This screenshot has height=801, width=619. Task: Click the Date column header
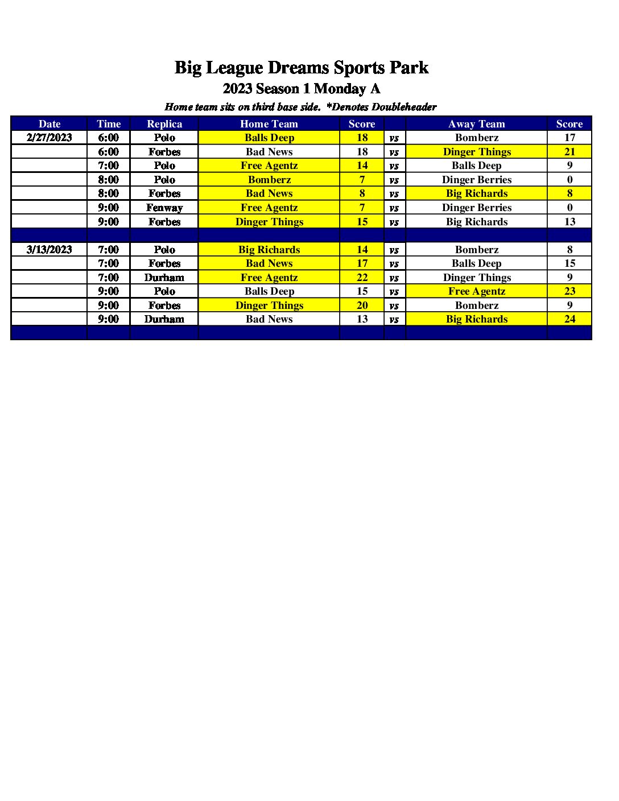[49, 124]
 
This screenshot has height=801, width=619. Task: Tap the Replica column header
[164, 124]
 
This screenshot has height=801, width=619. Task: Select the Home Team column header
[269, 124]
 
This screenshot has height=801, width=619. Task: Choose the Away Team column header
[476, 124]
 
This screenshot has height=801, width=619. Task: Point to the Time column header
[109, 124]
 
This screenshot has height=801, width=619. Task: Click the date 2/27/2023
[49, 138]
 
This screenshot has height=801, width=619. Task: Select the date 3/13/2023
[49, 250]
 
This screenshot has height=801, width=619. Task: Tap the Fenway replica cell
[164, 208]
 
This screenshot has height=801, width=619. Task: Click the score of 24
[570, 319]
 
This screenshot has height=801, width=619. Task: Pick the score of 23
[570, 291]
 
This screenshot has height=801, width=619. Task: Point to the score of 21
[570, 152]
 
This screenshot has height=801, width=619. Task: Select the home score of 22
[362, 278]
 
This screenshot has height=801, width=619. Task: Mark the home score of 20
[362, 305]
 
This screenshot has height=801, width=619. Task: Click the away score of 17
[570, 138]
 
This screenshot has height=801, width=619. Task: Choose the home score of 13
[362, 319]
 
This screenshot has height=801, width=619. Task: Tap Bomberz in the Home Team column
[269, 180]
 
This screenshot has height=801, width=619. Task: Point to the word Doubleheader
[404, 107]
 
